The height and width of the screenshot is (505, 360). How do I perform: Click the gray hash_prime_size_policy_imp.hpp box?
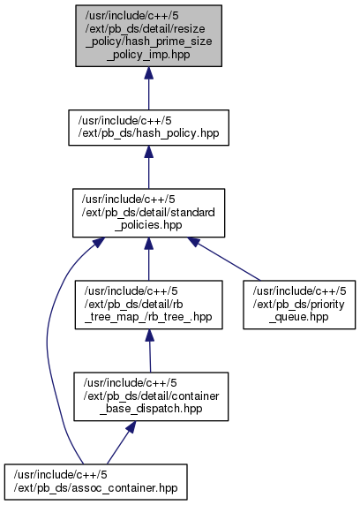coord(149,35)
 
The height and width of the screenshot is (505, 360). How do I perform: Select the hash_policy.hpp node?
coord(148,127)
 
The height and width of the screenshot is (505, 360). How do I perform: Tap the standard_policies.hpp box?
coord(148,213)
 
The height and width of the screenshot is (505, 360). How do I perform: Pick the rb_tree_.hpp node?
coord(148,305)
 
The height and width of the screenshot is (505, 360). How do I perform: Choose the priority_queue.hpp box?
coord(299,305)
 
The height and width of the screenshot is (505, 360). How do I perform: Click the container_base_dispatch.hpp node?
coord(151,396)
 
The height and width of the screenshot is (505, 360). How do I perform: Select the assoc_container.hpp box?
coord(95,482)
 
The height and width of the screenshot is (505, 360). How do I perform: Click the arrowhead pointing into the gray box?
coord(148,73)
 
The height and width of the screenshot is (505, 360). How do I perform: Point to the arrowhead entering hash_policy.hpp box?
coord(148,152)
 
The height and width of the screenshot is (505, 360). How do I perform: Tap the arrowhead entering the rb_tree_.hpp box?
coord(149,335)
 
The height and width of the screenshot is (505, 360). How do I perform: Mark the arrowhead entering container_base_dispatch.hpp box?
coord(131,426)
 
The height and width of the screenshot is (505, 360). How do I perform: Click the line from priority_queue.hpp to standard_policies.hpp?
coord(228,261)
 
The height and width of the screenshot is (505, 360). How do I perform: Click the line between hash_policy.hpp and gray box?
coord(148,94)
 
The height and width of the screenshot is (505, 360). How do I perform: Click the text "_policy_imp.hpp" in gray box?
coord(148,55)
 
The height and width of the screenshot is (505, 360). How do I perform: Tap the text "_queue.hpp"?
coord(299,317)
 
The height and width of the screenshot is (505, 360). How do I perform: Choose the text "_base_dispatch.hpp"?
coord(151,409)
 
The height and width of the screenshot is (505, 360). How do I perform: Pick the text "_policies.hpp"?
coord(148,225)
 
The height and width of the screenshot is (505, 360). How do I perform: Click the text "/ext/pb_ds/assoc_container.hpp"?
coord(95,488)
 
